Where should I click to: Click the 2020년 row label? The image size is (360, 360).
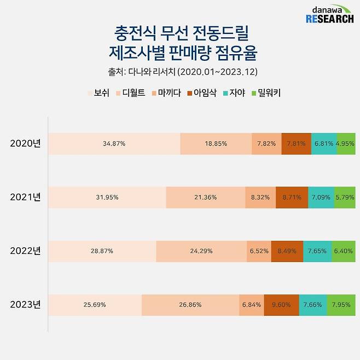tap(26, 143)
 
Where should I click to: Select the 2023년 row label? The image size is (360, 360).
tap(26, 305)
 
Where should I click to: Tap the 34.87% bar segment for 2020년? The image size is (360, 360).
tap(114, 143)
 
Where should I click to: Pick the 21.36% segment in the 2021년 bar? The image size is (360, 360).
tap(206, 197)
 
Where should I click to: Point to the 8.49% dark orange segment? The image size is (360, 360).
tap(287, 251)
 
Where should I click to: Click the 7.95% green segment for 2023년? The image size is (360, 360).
tap(341, 305)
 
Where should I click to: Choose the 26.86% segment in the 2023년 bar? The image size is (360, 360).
tap(190, 305)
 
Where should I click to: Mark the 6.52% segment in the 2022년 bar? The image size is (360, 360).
tap(259, 251)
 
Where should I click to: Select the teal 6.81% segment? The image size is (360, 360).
tap(324, 143)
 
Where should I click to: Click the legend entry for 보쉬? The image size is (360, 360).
tap(98, 93)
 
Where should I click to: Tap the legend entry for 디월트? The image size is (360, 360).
tap(130, 93)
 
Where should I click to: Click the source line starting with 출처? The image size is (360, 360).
tap(179, 72)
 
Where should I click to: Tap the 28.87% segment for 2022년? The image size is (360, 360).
tap(102, 251)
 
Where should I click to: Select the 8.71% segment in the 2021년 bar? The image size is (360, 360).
tap(292, 197)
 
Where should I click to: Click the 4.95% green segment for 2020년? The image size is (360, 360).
tap(346, 143)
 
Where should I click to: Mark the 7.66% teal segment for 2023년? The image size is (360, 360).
tap(313, 305)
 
